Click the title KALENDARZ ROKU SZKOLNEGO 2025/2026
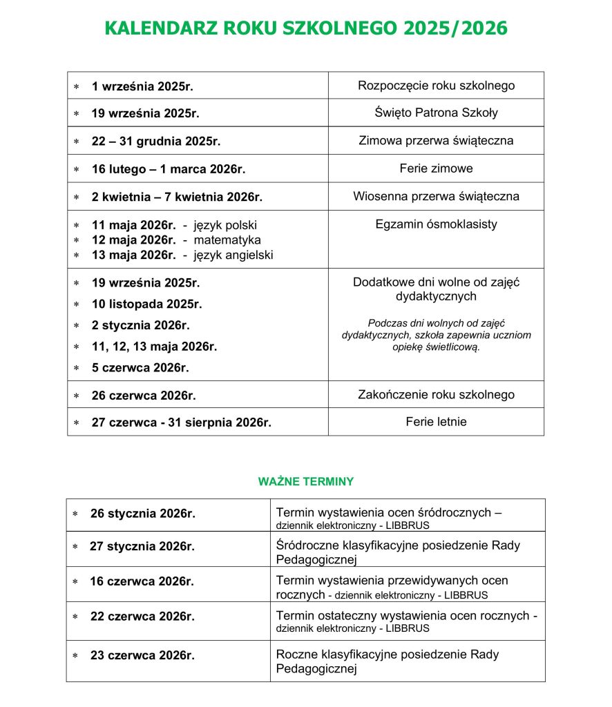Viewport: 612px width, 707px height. [305, 28]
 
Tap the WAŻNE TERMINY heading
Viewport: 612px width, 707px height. [305, 481]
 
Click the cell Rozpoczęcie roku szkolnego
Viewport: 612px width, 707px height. [436, 86]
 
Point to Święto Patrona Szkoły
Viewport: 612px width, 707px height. [436, 113]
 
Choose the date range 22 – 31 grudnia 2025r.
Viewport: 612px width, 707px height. [155, 142]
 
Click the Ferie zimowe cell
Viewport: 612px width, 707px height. [436, 168]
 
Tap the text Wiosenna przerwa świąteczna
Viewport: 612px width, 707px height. [436, 196]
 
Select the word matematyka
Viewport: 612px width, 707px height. [227, 240]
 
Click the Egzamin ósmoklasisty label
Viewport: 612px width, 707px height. [436, 224]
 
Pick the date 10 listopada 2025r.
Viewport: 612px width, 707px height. [146, 304]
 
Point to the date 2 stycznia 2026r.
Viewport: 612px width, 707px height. [140, 325]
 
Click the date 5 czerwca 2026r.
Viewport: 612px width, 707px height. [140, 367]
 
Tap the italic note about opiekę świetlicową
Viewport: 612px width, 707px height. [436, 335]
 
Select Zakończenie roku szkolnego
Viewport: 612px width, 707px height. [436, 395]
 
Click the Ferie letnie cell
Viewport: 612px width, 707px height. [436, 421]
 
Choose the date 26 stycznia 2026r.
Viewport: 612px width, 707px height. [142, 514]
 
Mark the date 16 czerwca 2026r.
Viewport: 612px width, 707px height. [142, 581]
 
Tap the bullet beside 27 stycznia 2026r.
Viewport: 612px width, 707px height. [75, 547]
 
